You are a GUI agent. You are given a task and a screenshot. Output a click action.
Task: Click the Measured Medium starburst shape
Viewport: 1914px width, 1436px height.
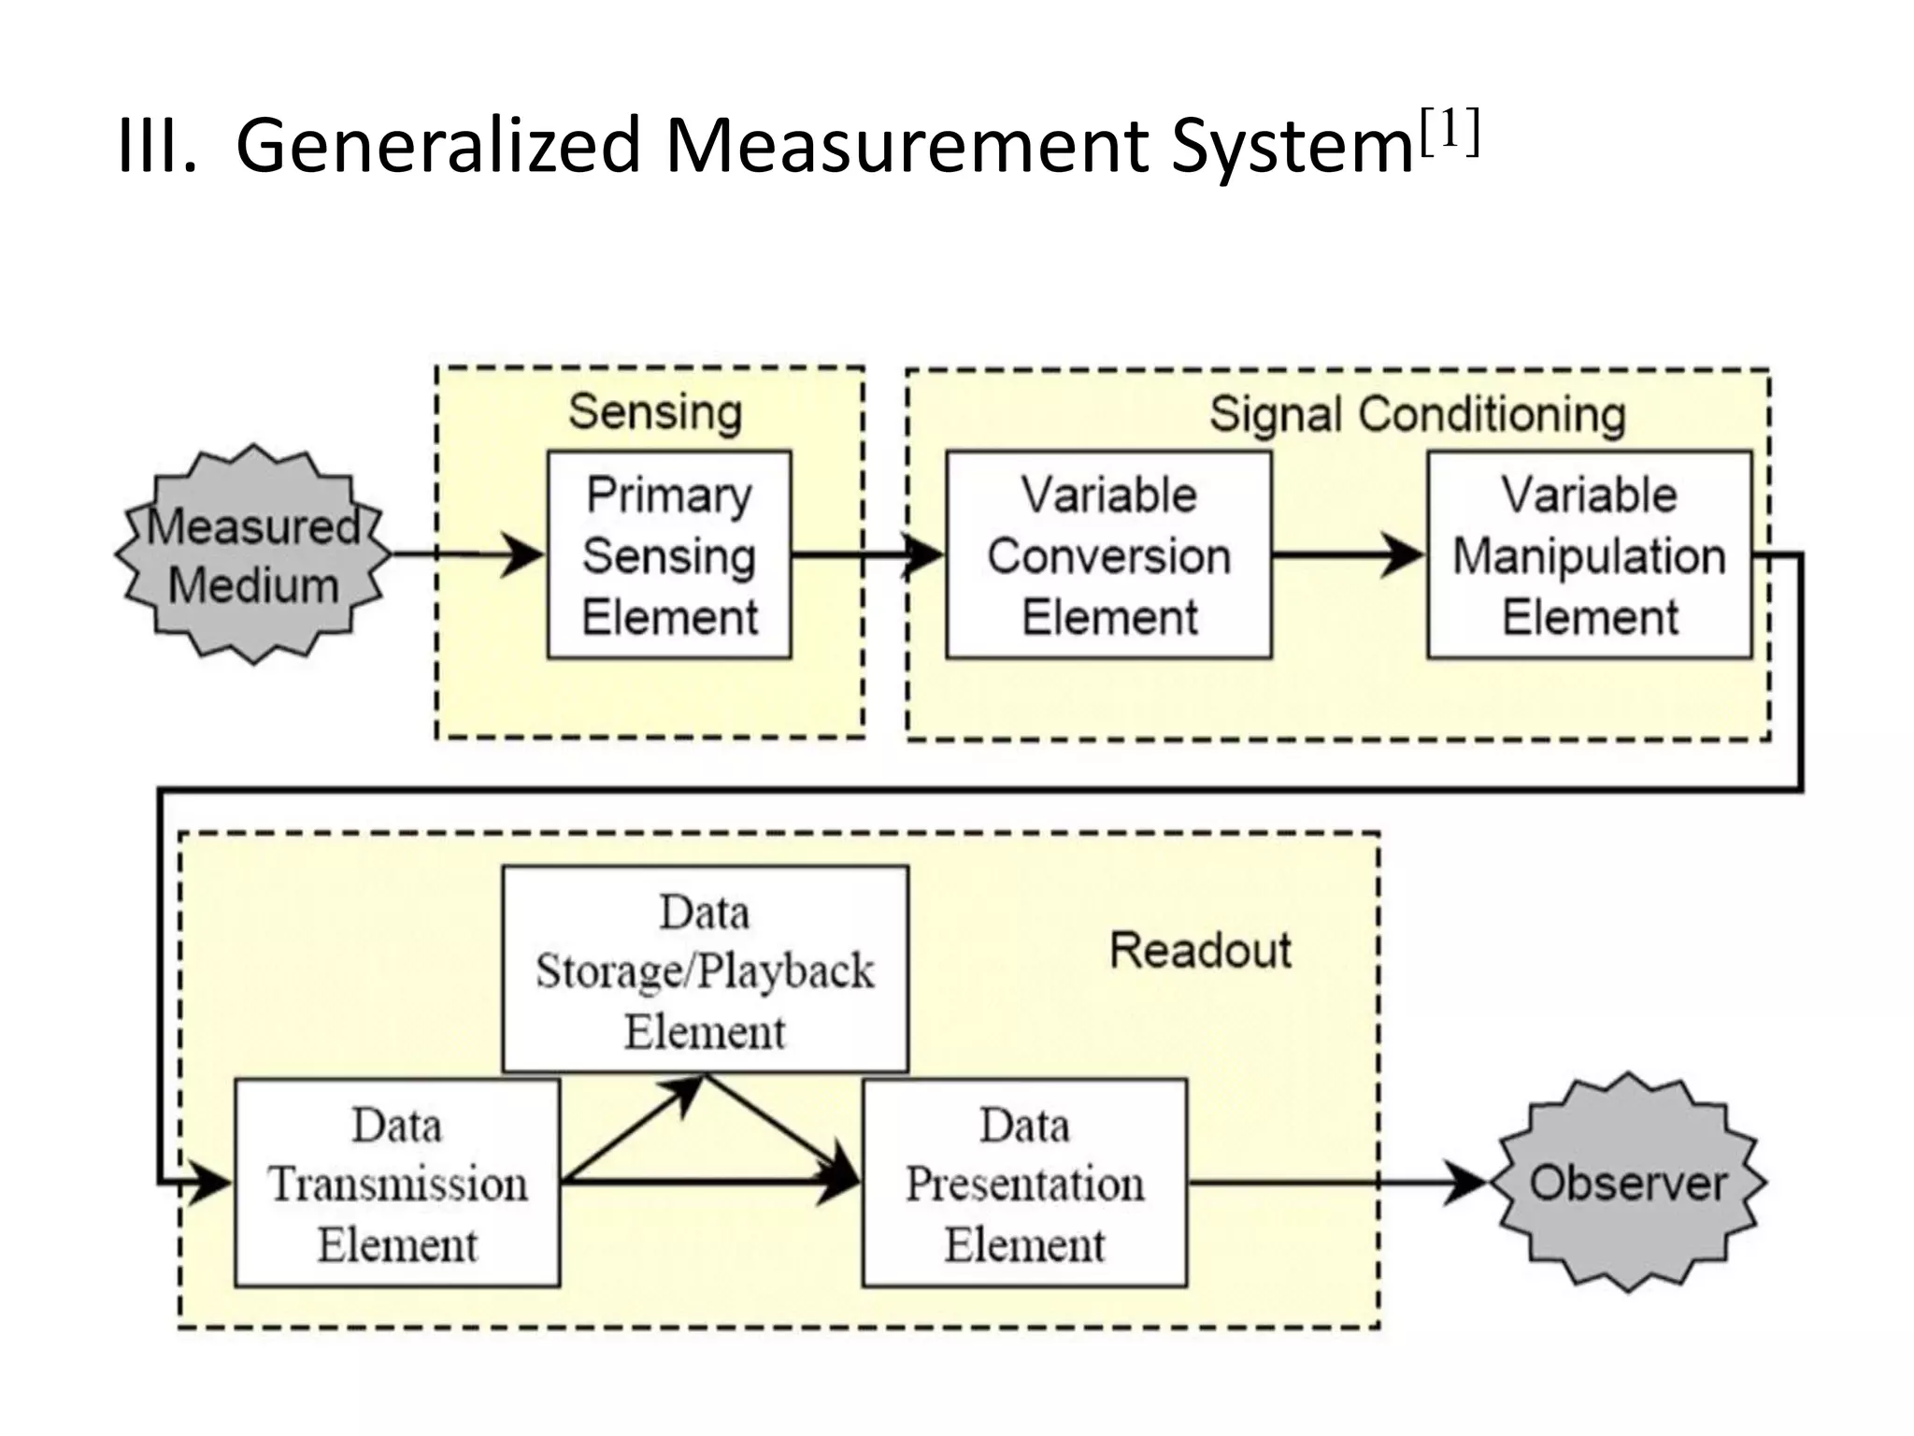pyautogui.click(x=252, y=554)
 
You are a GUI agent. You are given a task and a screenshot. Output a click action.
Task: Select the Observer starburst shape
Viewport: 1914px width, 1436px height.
pyautogui.click(x=1627, y=1183)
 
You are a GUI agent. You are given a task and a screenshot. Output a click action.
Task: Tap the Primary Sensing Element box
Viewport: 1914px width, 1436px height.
pyautogui.click(x=669, y=555)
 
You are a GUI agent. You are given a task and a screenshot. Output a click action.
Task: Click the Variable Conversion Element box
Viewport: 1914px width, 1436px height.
pyautogui.click(x=1108, y=555)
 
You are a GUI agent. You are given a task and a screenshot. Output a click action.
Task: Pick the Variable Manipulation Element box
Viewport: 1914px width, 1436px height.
pyautogui.click(x=1589, y=555)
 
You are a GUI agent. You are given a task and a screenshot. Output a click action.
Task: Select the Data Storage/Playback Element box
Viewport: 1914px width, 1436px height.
pyautogui.click(x=705, y=969)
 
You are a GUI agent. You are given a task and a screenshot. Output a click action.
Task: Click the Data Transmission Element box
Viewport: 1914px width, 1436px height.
pyautogui.click(x=397, y=1184)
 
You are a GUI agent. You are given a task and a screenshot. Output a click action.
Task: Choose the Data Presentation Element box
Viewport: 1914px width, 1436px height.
pyautogui.click(x=1024, y=1184)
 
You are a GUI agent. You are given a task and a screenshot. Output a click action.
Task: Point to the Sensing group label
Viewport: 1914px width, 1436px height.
pyautogui.click(x=655, y=412)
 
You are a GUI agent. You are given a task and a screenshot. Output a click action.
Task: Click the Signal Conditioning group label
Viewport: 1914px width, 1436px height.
pyautogui.click(x=1417, y=414)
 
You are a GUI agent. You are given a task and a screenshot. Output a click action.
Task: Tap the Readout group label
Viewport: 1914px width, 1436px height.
pyautogui.click(x=1200, y=951)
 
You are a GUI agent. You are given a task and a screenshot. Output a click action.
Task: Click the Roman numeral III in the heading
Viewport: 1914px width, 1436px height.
pyautogui.click(x=156, y=147)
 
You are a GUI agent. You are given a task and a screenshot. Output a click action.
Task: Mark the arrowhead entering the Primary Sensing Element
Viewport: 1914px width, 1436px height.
pyautogui.click(x=523, y=555)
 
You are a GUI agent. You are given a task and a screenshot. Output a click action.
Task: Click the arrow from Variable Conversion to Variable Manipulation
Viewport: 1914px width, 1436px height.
pyautogui.click(x=1346, y=555)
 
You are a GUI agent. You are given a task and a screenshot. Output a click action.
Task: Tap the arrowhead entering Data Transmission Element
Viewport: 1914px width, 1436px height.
pyautogui.click(x=211, y=1184)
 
